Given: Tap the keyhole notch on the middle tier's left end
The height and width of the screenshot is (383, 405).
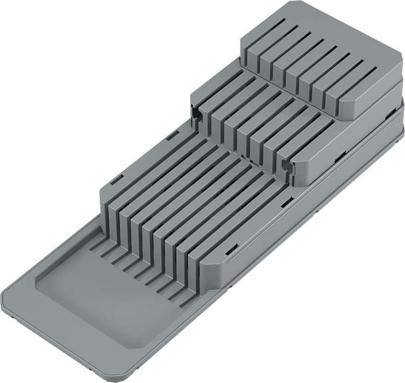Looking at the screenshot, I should (196, 112).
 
